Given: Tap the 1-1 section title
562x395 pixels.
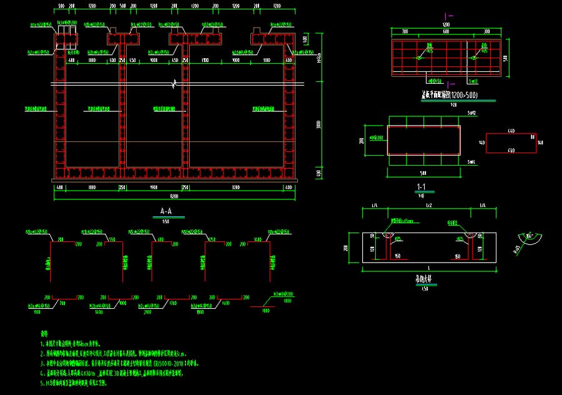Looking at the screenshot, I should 421,187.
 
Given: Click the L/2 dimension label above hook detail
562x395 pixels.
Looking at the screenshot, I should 428,206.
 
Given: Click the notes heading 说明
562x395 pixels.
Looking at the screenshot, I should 44,334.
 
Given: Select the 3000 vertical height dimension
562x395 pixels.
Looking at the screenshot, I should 319,125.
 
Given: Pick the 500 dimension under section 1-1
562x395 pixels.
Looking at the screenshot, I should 423,172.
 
